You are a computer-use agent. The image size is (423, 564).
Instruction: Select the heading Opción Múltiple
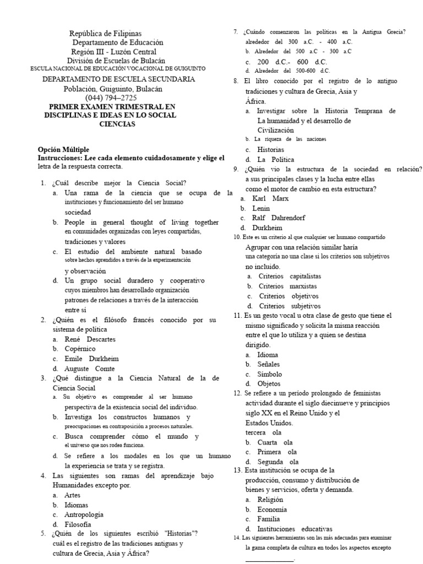point(63,149)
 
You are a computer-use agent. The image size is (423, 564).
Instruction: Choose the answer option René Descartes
point(90,339)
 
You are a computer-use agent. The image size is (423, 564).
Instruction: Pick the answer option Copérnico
point(80,349)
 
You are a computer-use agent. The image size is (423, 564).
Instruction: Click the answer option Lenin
point(261,208)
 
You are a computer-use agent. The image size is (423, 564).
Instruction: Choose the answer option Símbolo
point(269,374)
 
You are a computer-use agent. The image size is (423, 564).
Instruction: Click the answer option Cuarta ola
point(275,442)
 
